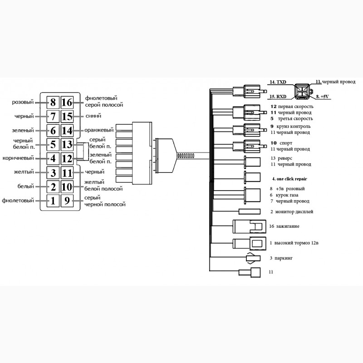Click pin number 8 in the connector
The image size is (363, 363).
pyautogui.click(x=53, y=103)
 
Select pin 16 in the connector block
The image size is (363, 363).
pyautogui.click(x=67, y=103)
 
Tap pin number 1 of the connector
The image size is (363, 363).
pyautogui.click(x=53, y=201)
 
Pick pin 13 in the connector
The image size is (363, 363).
pyautogui.click(x=67, y=145)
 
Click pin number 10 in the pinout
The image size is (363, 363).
pyautogui.click(x=67, y=186)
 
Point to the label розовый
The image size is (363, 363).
pyautogui.click(x=23, y=103)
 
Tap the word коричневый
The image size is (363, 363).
pyautogui.click(x=18, y=158)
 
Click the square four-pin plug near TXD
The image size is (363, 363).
pyautogui.click(x=301, y=89)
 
